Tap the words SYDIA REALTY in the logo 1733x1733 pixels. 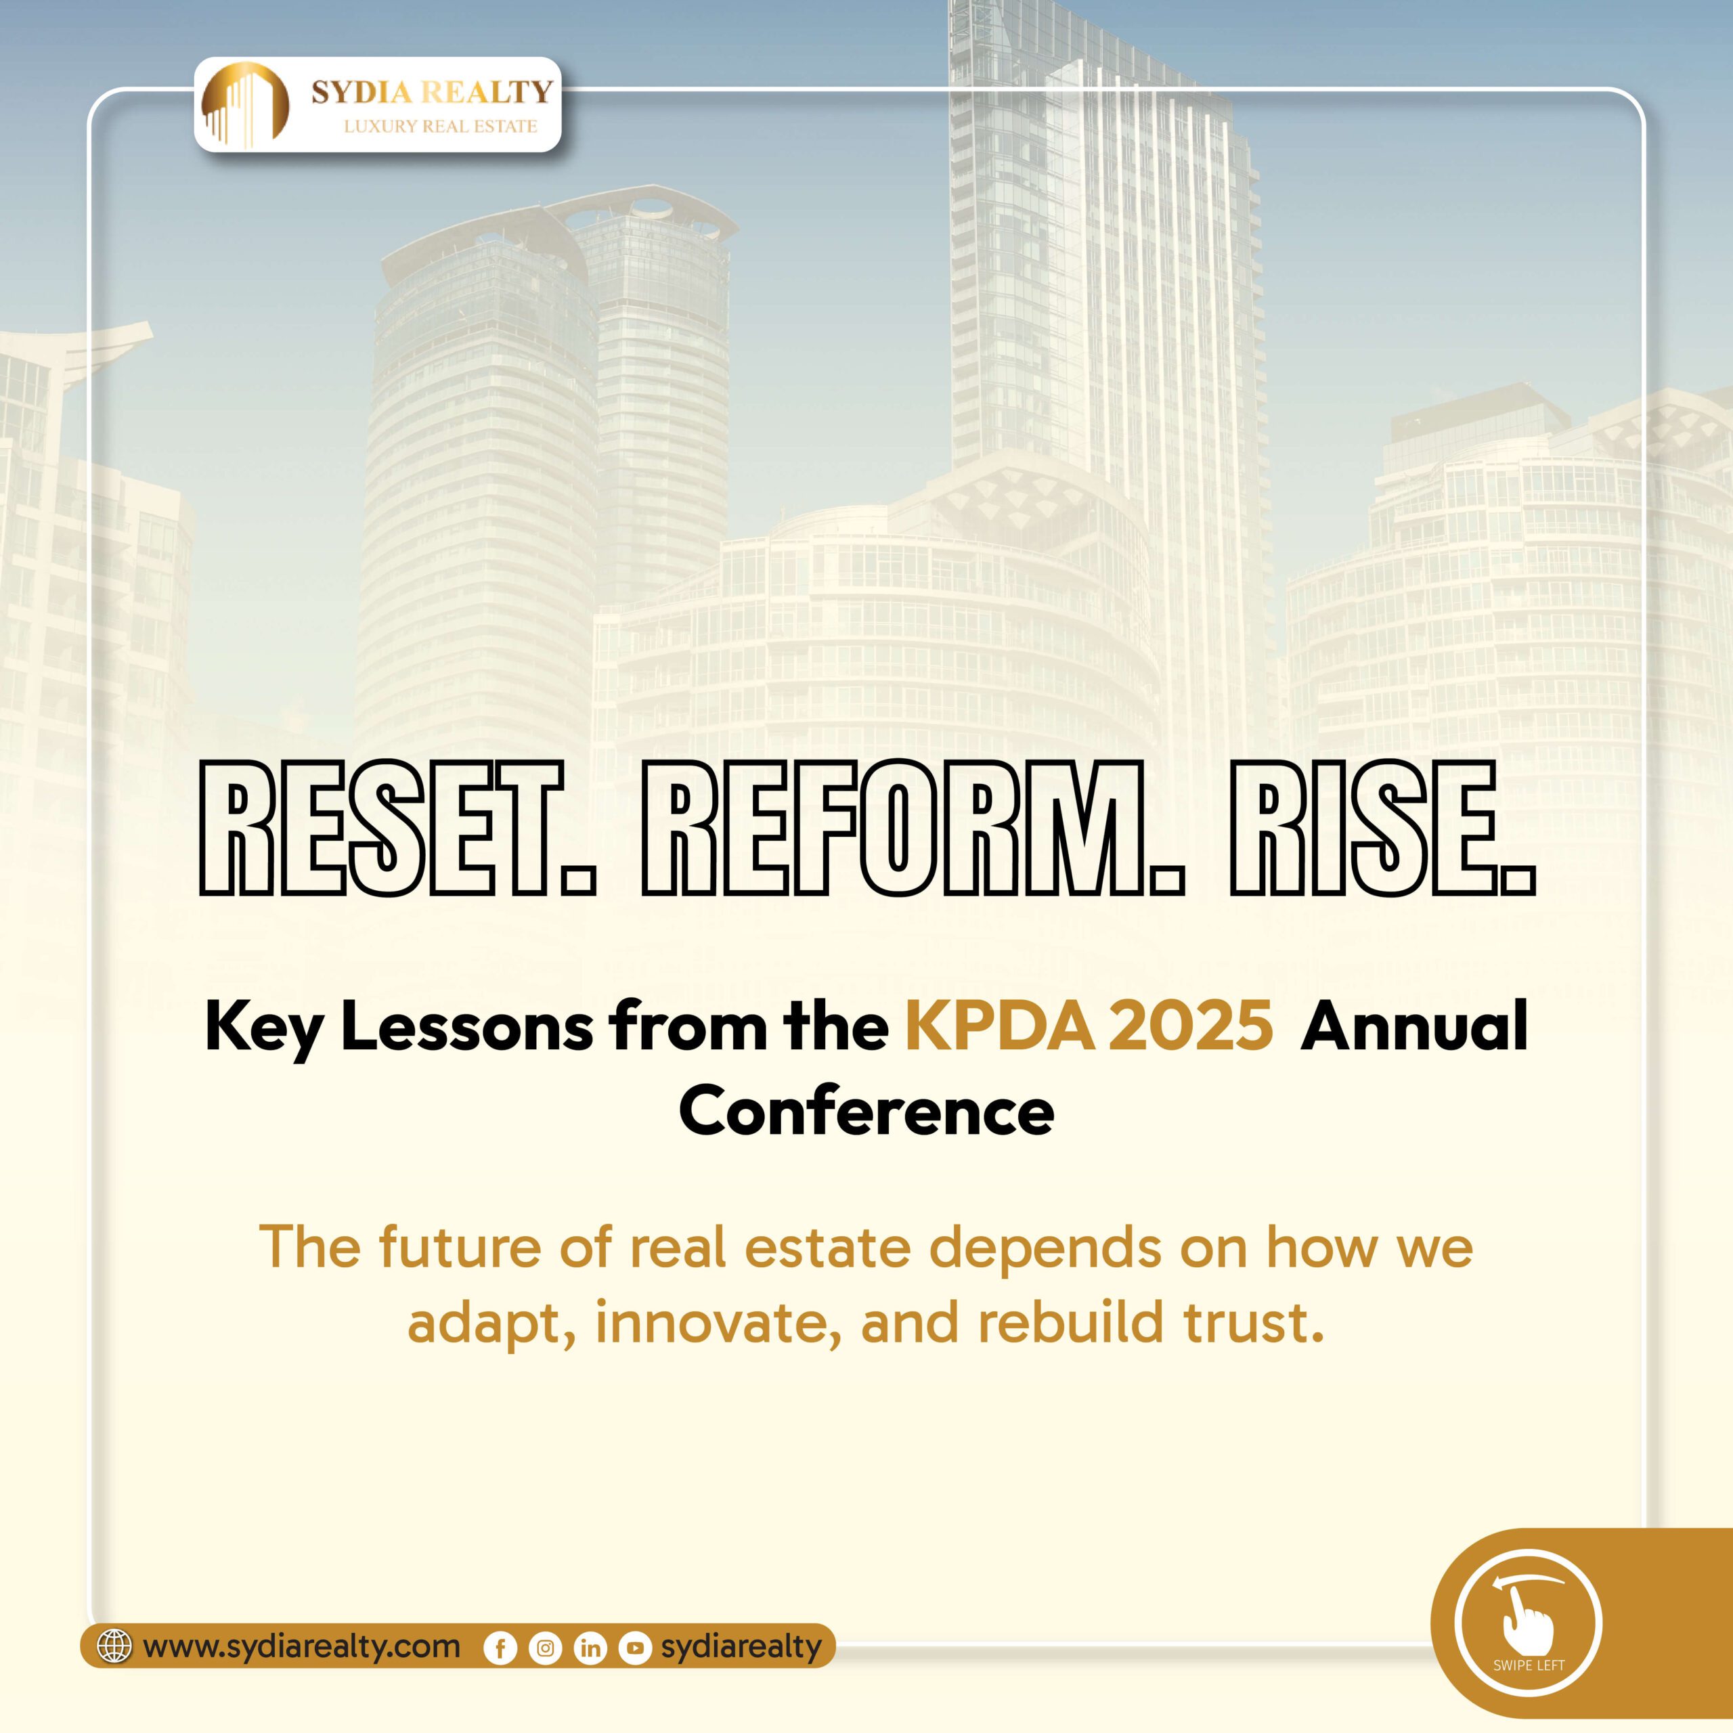click(x=431, y=91)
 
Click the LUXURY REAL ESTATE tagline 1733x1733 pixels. click(x=441, y=127)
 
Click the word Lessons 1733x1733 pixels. click(x=466, y=1028)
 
